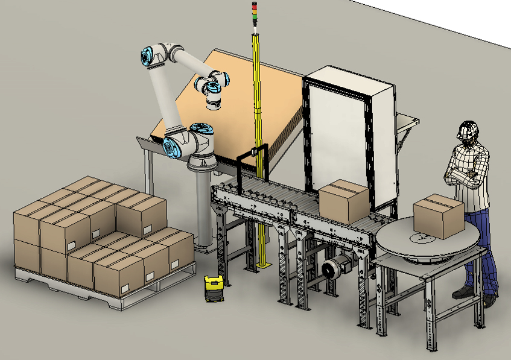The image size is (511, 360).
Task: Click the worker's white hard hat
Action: pos(467,129)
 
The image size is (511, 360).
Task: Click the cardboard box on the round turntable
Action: pos(438,215)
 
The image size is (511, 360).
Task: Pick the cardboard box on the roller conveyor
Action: pos(343,201)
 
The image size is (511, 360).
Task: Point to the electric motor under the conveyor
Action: pos(332,269)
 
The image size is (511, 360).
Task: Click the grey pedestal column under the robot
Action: pos(203,211)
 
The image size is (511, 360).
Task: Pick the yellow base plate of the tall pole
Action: pos(264,265)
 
